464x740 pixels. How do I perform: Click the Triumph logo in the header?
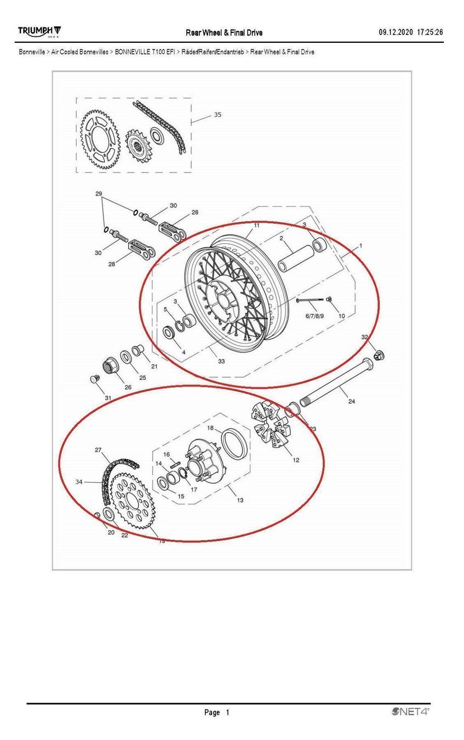[x=39, y=32]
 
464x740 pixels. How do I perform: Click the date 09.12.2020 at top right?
[x=396, y=32]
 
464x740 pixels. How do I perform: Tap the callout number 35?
[x=217, y=115]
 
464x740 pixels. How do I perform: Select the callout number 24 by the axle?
[x=352, y=401]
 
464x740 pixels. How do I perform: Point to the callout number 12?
[x=296, y=460]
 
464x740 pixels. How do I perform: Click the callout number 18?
[x=210, y=428]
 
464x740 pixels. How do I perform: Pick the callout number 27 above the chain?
[x=98, y=450]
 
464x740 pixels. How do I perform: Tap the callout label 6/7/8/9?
[x=314, y=316]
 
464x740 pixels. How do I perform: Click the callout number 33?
[x=221, y=361]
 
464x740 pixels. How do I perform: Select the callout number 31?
[x=108, y=398]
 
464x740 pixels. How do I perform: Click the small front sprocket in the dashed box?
[x=138, y=145]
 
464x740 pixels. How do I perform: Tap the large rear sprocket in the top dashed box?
[x=100, y=140]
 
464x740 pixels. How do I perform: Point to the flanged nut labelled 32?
[x=379, y=355]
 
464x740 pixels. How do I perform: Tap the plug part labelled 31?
[x=95, y=379]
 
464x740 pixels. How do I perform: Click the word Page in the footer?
[x=212, y=712]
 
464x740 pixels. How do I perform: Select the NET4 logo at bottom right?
[x=410, y=711]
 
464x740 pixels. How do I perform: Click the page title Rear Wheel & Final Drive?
[x=224, y=33]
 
